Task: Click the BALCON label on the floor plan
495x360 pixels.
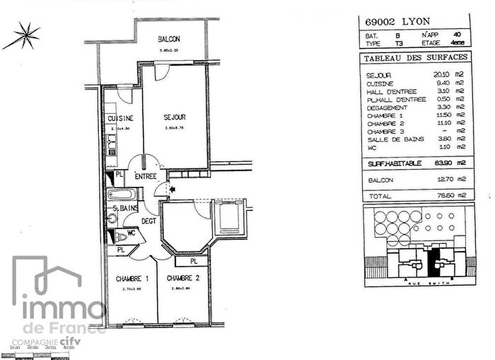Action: (169, 40)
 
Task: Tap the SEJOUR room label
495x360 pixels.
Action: (175, 117)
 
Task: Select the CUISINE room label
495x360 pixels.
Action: (117, 119)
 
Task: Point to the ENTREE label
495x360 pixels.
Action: (146, 176)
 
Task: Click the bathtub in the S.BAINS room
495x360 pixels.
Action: (120, 194)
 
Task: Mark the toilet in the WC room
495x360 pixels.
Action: (121, 237)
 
